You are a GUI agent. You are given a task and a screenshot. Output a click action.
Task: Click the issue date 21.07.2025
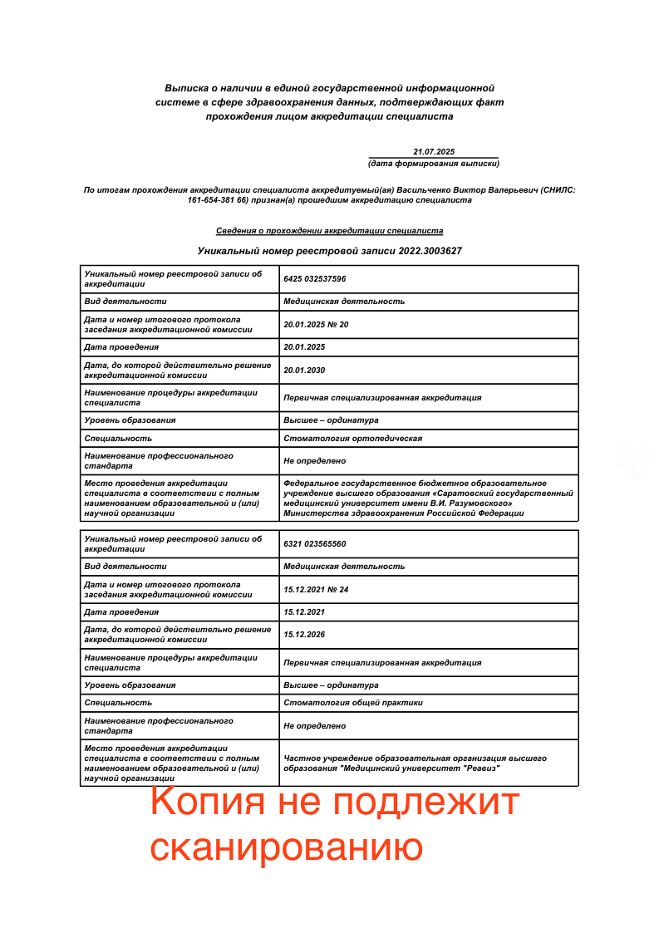434,151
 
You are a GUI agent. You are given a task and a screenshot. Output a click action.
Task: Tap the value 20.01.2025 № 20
316,324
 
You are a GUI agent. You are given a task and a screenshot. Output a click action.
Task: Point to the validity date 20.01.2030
304,370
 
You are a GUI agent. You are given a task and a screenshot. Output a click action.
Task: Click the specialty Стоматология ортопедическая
352,438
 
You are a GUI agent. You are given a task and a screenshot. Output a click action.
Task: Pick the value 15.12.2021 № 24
316,589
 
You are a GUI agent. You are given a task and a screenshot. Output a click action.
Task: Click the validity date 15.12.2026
304,635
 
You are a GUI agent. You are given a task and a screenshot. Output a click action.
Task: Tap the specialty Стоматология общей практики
352,703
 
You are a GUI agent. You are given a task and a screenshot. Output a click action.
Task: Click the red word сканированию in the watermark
286,847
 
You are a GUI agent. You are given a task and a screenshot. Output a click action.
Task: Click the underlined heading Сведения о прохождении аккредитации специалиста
329,231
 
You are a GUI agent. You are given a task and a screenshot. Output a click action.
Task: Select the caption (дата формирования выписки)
434,163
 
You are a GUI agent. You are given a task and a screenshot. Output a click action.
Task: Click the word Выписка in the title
184,87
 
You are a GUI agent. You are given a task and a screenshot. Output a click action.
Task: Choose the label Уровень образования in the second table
130,685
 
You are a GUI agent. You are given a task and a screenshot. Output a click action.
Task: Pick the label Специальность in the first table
118,438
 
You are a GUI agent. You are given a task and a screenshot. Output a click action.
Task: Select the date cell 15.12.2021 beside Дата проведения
304,612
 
